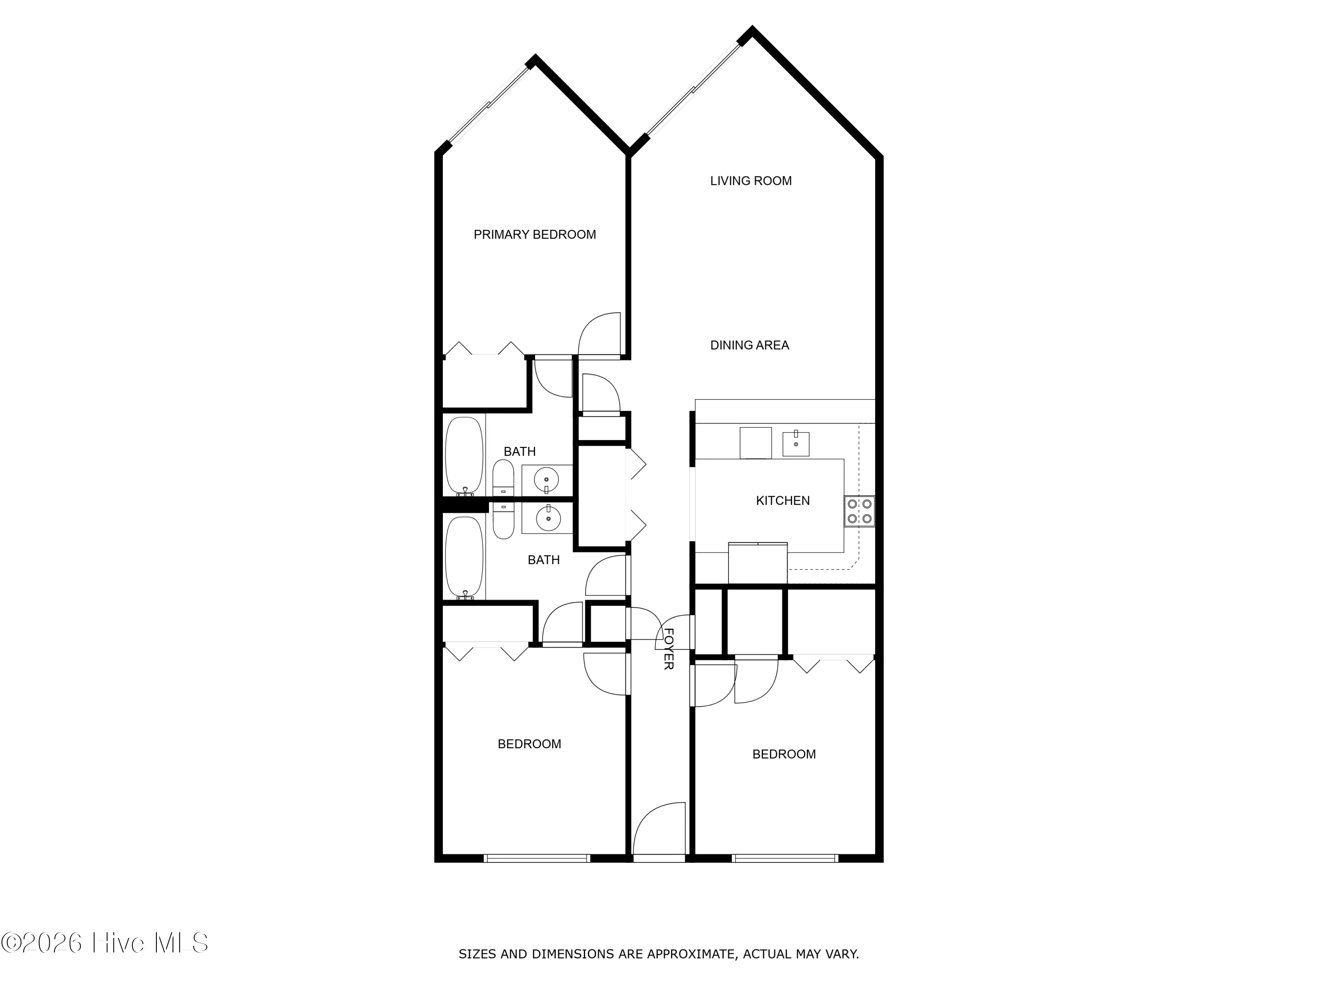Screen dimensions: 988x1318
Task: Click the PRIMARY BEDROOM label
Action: coord(535,234)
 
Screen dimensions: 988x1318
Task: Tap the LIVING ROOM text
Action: coord(750,181)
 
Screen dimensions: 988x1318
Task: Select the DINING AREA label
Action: coord(749,346)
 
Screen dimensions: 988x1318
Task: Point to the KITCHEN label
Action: coord(782,501)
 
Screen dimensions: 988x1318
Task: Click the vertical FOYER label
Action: coord(669,649)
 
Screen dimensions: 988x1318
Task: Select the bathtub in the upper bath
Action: coord(464,456)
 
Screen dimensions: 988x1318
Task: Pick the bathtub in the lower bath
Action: coord(464,557)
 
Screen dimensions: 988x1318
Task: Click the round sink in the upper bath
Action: coord(547,479)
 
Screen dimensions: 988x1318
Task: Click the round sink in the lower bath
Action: coord(547,518)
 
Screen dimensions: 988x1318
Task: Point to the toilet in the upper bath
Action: coord(503,478)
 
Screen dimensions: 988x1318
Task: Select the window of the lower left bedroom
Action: coord(536,858)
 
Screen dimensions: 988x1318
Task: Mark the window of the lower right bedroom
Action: coord(785,858)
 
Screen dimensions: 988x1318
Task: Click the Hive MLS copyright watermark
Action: coord(105,943)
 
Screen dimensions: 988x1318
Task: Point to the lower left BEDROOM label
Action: coord(529,744)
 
